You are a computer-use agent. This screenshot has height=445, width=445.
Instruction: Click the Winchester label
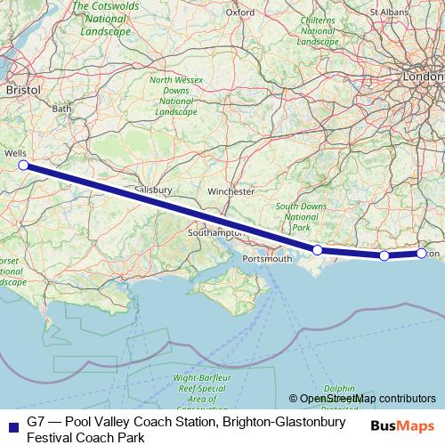(x=231, y=191)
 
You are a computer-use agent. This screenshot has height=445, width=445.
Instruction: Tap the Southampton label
(x=214, y=232)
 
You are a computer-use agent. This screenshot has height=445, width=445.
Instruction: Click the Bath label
(x=61, y=109)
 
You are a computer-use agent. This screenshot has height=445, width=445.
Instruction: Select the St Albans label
(x=387, y=12)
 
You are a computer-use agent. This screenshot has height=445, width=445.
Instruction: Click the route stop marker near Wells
(x=23, y=165)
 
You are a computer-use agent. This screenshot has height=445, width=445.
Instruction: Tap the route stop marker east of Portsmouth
(x=318, y=250)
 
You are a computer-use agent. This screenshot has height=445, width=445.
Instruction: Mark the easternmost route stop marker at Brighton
(x=422, y=254)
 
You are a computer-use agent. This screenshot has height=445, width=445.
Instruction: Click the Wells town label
(x=15, y=153)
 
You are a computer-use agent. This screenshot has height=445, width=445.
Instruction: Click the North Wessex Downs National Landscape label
(x=174, y=96)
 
